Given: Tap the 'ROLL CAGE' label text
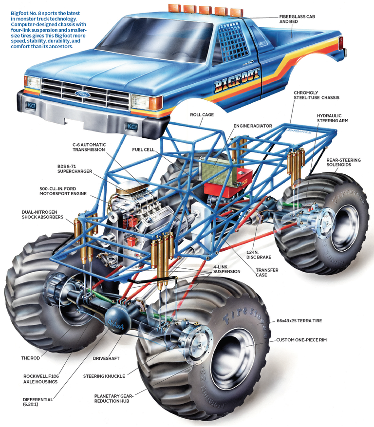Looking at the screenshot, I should pos(203,115).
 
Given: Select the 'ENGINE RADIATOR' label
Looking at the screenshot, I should pos(253,126).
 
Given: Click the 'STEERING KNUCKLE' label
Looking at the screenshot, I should pos(104,376).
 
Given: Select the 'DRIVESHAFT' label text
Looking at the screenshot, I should pos(107,358).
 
